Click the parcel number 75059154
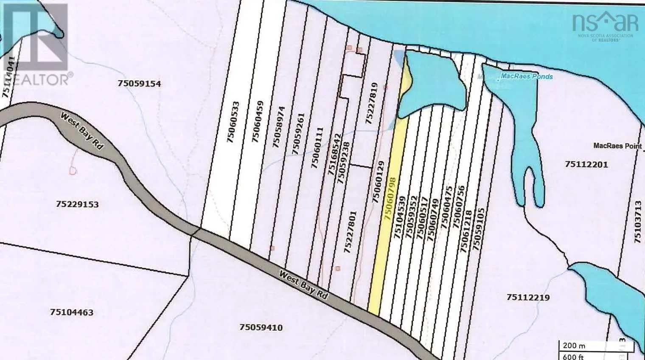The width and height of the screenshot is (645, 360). click(x=139, y=84)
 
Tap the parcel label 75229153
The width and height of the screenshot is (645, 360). click(x=77, y=204)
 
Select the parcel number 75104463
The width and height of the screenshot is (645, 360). click(x=71, y=312)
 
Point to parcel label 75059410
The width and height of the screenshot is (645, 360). click(x=261, y=327)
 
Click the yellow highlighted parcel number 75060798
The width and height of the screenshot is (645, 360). click(x=390, y=199)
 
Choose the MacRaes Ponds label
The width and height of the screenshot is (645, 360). click(x=527, y=76)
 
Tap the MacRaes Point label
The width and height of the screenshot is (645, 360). click(x=617, y=146)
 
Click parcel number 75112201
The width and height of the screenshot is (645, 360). click(x=586, y=164)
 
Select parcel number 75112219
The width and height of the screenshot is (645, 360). click(x=528, y=297)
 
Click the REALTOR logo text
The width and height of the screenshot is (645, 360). click(x=36, y=79)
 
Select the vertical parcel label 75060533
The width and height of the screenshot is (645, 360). click(x=233, y=122)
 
